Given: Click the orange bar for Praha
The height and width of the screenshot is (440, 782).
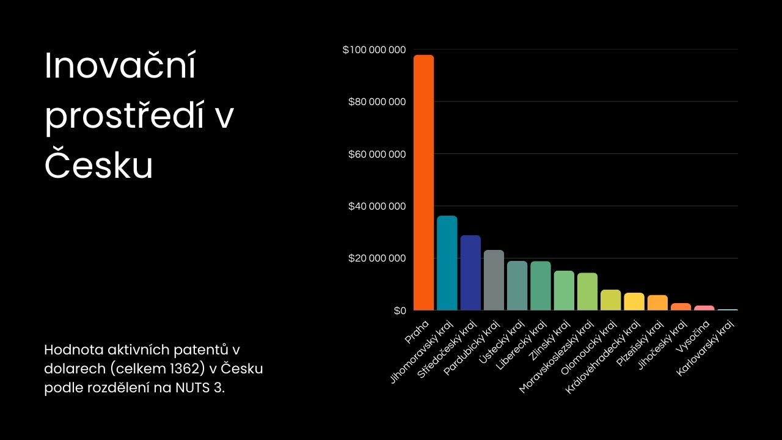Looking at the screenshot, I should pyautogui.click(x=423, y=183).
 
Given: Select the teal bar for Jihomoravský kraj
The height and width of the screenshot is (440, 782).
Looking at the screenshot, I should pyautogui.click(x=447, y=263).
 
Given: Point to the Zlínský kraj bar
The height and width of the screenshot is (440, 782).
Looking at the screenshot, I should pyautogui.click(x=564, y=290).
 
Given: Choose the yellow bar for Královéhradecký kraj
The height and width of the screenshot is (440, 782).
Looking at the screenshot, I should pyautogui.click(x=634, y=301).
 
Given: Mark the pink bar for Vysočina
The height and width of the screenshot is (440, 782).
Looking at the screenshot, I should pyautogui.click(x=704, y=308).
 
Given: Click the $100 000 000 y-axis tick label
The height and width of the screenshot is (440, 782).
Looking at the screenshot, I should pyautogui.click(x=375, y=50).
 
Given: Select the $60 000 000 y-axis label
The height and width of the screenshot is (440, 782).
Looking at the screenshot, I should pyautogui.click(x=377, y=154).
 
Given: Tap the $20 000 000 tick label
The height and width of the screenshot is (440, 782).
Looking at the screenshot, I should pyautogui.click(x=377, y=258).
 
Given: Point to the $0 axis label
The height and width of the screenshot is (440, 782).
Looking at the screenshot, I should pyautogui.click(x=400, y=311).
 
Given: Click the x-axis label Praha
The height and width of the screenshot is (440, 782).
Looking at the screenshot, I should pyautogui.click(x=417, y=331).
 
